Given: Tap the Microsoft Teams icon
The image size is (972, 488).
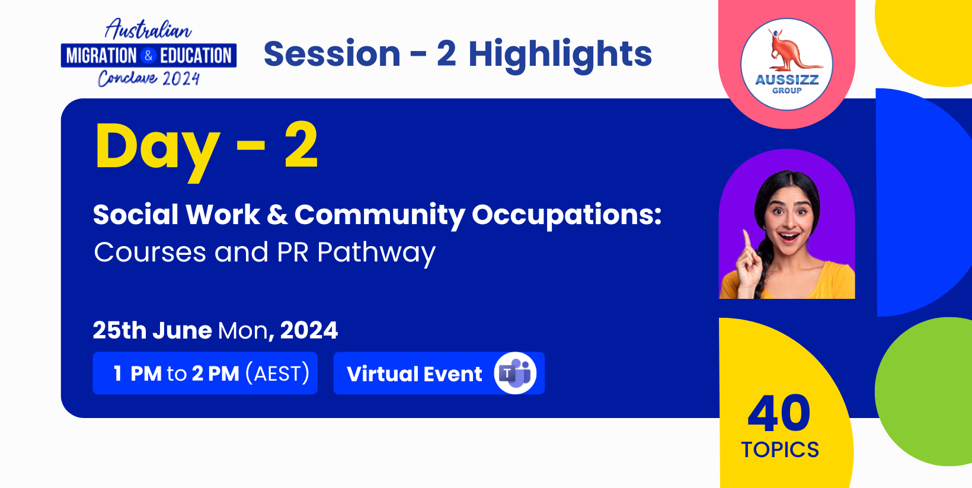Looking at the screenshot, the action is [515, 373].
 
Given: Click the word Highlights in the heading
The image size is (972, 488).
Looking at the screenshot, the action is [559, 55].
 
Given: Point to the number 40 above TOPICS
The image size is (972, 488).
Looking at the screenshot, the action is [779, 414].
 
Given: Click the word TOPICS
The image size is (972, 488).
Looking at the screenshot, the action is [780, 450].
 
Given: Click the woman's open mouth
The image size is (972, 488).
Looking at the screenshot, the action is [789, 237].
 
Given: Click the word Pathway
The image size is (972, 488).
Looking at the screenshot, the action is [376, 253].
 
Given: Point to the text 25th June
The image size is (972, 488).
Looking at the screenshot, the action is [152, 330].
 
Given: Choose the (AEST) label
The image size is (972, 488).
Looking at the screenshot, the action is [278, 374].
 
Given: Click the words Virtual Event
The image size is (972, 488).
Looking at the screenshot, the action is [414, 374].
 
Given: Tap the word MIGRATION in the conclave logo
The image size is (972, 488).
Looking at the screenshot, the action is [101, 56].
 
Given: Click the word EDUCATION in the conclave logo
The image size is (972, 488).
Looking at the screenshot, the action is [196, 56].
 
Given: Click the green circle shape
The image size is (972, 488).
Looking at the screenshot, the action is [923, 391].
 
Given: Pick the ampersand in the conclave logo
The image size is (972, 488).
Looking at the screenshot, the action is [148, 56].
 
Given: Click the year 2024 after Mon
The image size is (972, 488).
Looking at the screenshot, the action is [309, 330].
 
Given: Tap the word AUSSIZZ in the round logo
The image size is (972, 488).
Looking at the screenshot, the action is [786, 80].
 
